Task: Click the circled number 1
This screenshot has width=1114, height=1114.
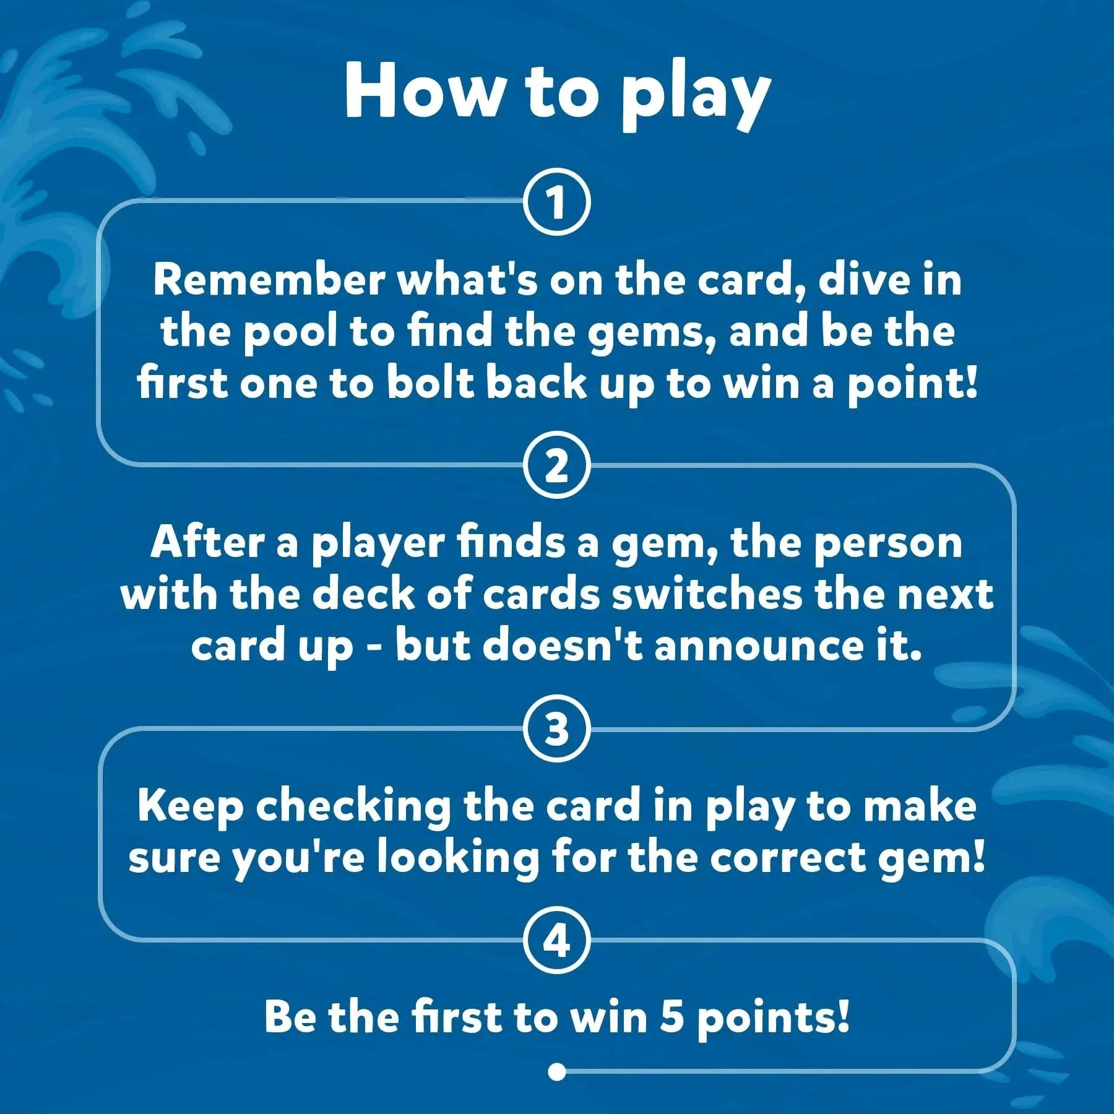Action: click(x=557, y=202)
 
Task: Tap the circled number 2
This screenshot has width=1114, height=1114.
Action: click(x=557, y=465)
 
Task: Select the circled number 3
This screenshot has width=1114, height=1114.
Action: click(x=557, y=729)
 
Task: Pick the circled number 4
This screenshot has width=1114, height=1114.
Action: click(x=557, y=941)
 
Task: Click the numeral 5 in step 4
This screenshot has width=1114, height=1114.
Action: click(x=671, y=1017)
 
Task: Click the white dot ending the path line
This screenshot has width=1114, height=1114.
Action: click(x=557, y=1071)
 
